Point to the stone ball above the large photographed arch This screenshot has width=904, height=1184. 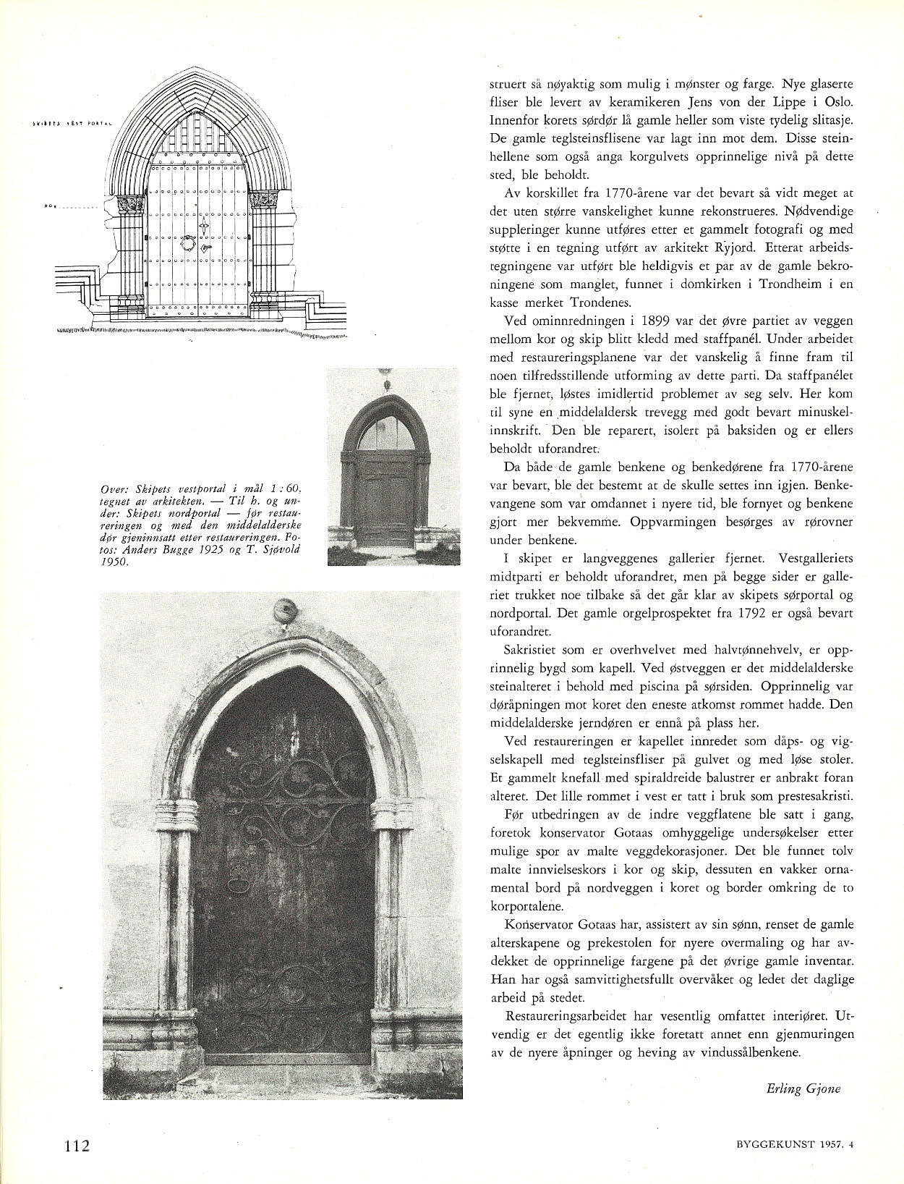285,610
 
